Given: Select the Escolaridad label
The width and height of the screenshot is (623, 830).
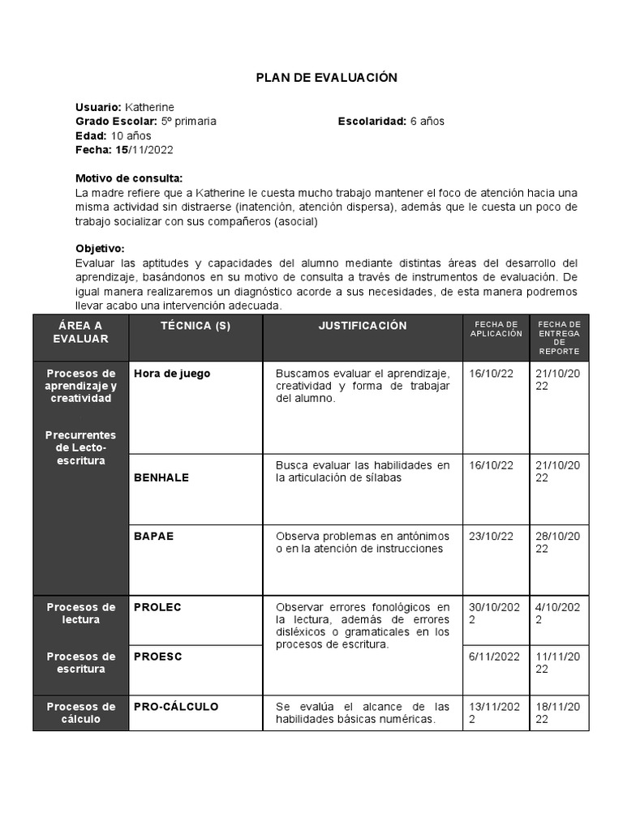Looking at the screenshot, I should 372,121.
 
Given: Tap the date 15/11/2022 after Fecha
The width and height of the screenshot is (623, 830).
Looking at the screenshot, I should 144,150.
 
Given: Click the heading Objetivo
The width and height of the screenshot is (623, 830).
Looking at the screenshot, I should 100,249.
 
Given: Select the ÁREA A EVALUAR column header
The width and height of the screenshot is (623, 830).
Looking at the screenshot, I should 80,332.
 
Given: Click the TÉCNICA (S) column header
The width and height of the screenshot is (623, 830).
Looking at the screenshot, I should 195,326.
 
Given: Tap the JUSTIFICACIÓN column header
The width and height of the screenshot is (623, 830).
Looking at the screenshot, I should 362,326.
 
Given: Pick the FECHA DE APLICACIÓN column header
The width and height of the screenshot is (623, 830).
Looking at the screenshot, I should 496,329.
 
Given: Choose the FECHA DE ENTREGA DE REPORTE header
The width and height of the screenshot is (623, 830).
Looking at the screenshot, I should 559,337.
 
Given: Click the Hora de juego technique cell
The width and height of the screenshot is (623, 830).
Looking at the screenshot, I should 172,374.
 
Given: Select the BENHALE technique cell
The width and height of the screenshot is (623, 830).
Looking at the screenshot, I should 161,477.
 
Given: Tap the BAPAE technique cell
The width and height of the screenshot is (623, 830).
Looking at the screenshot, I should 154,536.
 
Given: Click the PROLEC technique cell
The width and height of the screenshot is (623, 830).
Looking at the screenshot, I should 157,607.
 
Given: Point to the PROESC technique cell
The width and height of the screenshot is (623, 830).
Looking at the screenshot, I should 158,657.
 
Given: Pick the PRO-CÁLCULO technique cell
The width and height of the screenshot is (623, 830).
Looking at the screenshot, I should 176,707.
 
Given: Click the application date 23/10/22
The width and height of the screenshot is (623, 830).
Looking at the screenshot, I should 492,536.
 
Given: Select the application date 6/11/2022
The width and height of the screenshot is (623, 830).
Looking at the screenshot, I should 495,657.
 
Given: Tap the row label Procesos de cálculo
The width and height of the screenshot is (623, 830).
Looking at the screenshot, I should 80,712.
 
